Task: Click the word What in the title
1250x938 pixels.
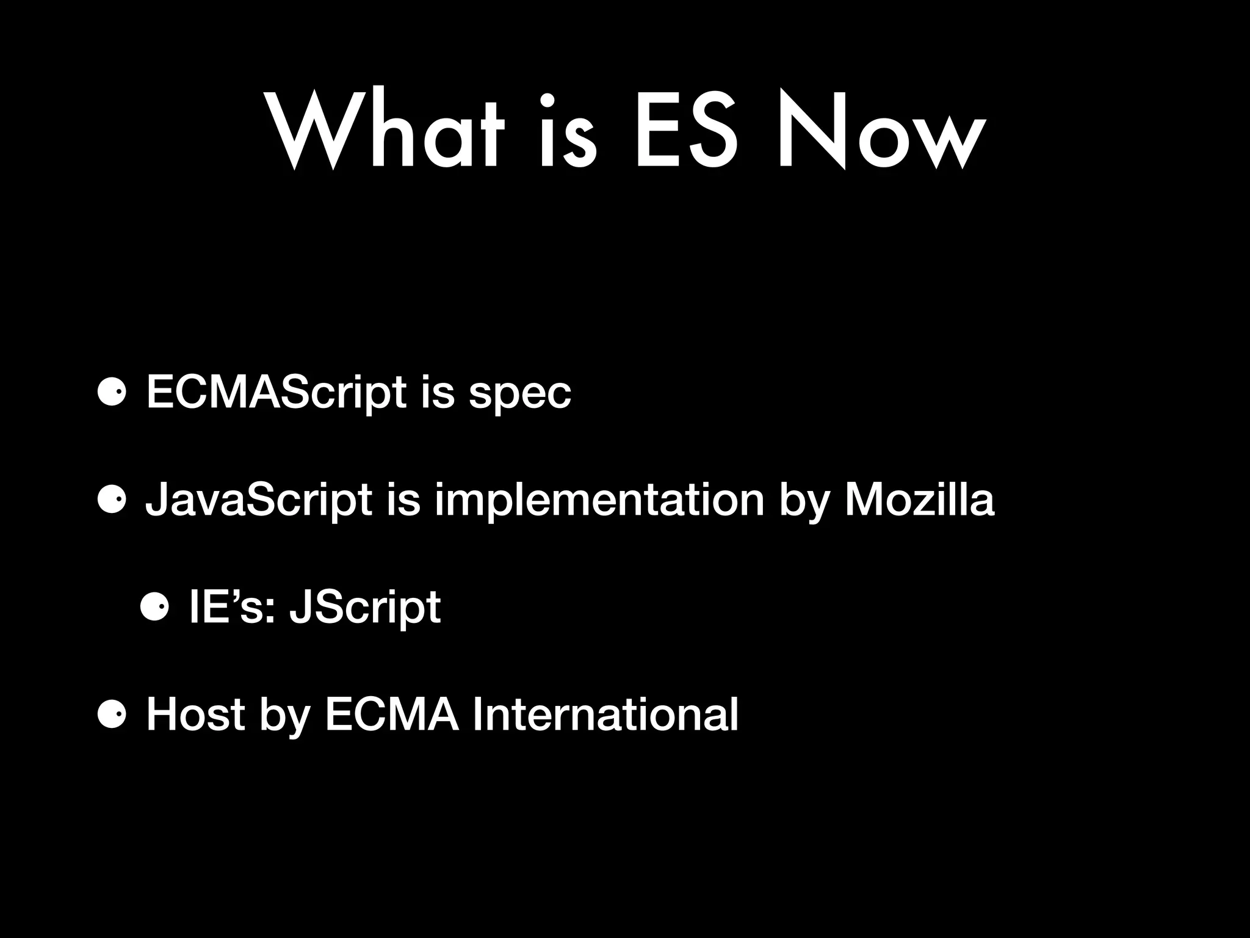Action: [x=386, y=131]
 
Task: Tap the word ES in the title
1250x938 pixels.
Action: [x=687, y=131]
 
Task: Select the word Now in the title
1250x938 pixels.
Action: [x=881, y=131]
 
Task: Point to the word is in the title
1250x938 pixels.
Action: [x=568, y=131]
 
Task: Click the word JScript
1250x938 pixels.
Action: [x=365, y=608]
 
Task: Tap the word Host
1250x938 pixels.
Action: [x=195, y=714]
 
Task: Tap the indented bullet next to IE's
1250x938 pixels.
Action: [x=154, y=608]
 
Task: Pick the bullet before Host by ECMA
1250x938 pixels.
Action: [x=112, y=715]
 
